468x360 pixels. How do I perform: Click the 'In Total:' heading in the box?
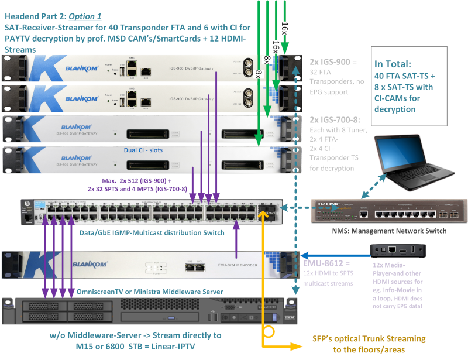[x=394, y=65]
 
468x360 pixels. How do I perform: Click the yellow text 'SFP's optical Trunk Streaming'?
[x=369, y=339]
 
